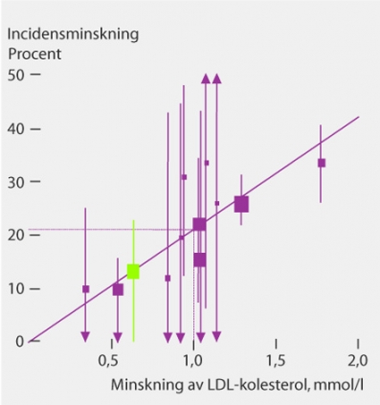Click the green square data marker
(x=133, y=272)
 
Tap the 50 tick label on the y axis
(x=15, y=75)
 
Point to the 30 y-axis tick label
(x=15, y=183)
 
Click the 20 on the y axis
(x=15, y=236)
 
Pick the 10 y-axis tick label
(x=16, y=290)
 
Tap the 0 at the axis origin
(x=20, y=342)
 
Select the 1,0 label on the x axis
(x=193, y=361)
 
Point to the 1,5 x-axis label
(x=275, y=361)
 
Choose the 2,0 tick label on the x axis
(x=358, y=361)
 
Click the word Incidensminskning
(x=73, y=34)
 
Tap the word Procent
(x=35, y=54)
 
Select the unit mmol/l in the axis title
(x=339, y=384)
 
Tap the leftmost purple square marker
(x=86, y=289)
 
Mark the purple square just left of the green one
(x=118, y=290)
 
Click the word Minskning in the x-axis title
(x=147, y=385)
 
